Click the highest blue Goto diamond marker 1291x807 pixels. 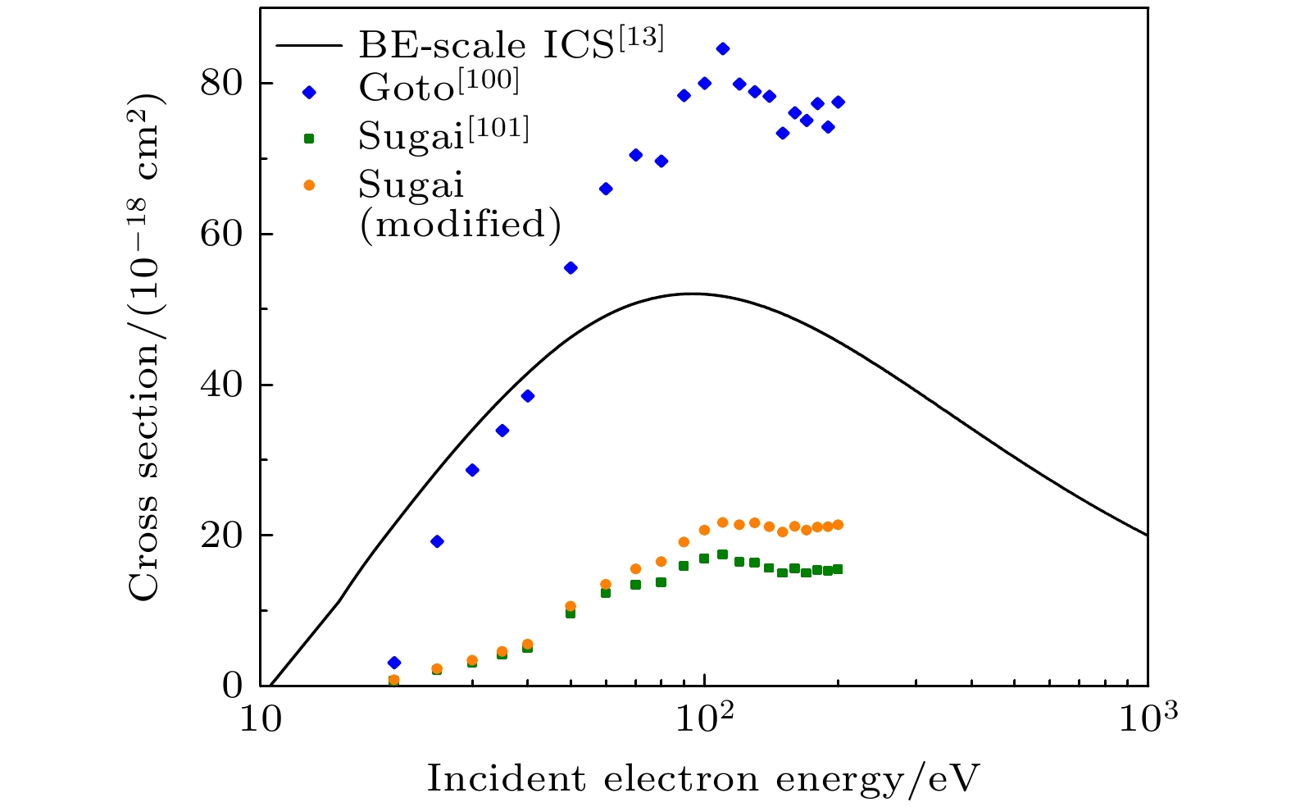(722, 49)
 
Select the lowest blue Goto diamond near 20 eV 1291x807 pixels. (393, 663)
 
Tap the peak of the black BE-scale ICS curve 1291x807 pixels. (693, 294)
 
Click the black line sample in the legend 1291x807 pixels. (308, 46)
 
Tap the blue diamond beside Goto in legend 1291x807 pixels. (309, 93)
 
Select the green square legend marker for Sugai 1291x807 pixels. (309, 139)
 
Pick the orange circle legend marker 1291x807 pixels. (309, 185)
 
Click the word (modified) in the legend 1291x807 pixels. (459, 224)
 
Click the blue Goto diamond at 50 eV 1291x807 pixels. (570, 268)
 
